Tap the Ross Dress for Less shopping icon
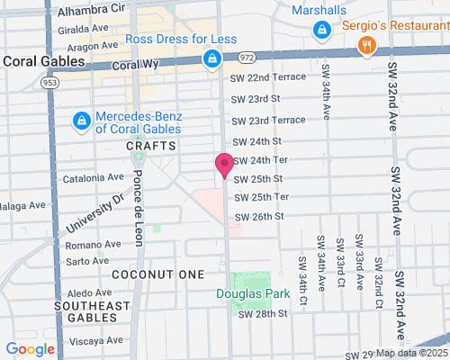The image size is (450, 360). [211, 59]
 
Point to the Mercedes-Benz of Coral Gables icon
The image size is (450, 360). [81, 120]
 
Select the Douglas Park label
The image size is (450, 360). [247, 293]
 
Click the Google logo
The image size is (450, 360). [30, 349]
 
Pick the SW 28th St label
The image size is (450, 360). [262, 314]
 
